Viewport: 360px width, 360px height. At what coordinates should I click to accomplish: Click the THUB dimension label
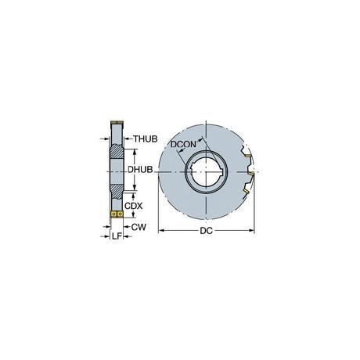[146, 139]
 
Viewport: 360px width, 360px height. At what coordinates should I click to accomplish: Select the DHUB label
[140, 170]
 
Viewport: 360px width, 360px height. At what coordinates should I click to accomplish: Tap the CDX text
[133, 206]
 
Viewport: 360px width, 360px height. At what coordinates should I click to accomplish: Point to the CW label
[139, 227]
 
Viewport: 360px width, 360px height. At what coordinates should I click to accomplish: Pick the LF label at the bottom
[117, 236]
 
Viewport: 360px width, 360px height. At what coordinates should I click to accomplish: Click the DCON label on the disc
[183, 144]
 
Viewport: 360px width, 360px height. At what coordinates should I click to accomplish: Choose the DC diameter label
[206, 231]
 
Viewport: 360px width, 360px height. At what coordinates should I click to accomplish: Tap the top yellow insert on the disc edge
[248, 156]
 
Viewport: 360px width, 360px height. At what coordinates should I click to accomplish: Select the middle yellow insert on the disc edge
[250, 174]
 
